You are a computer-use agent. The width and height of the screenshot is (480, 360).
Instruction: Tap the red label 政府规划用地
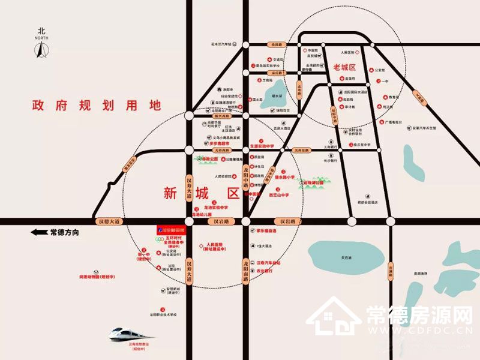(x=97, y=106)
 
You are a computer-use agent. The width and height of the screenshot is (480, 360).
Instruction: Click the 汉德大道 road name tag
(x=109, y=221)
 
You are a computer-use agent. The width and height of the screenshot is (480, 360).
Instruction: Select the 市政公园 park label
(x=209, y=159)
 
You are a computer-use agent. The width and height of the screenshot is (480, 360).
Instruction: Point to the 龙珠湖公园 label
(x=312, y=182)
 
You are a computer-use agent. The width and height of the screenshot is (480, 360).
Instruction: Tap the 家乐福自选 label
(x=266, y=230)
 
